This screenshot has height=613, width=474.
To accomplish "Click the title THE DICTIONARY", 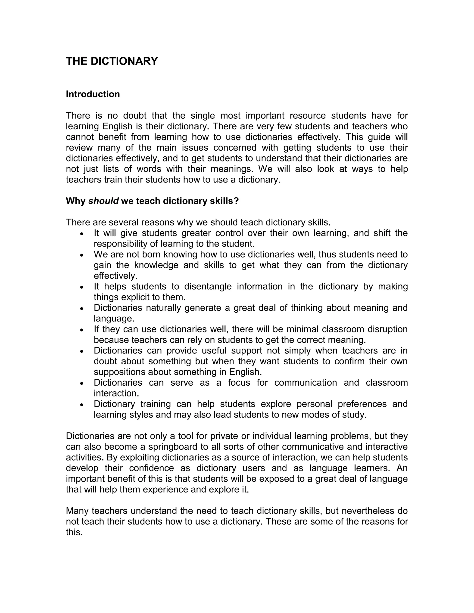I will pos(112,61).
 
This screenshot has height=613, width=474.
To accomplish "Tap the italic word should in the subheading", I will pos(103,201).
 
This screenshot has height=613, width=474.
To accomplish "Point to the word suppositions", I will pos(119,372).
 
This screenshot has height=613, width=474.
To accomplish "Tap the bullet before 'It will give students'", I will pos(82,234).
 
